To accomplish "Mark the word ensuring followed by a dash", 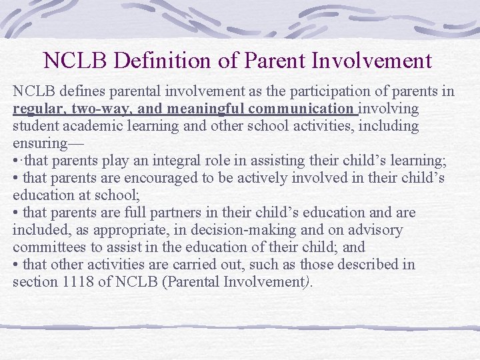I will point(44,143).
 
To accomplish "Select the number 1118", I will point(79,282).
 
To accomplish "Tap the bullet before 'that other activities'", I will point(15,265).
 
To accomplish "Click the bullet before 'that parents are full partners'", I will point(15,213).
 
